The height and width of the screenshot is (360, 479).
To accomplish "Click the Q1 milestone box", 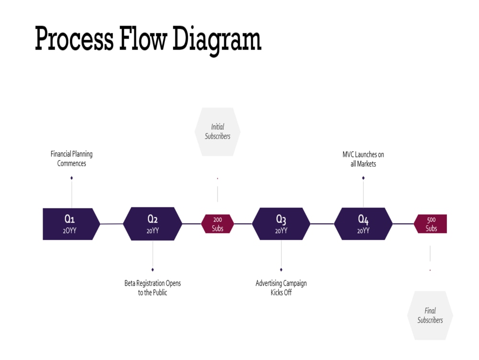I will pyautogui.click(x=71, y=224).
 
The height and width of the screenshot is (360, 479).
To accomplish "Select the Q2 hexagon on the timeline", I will pyautogui.click(x=152, y=224).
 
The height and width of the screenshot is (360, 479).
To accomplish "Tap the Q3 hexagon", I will pyautogui.click(x=281, y=224).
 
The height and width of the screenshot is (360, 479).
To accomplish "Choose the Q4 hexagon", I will pyautogui.click(x=363, y=224).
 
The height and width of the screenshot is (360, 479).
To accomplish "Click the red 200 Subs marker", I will pyautogui.click(x=217, y=224).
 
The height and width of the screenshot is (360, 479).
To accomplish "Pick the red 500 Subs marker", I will pyautogui.click(x=431, y=224).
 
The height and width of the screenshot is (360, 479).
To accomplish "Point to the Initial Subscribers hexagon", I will pyautogui.click(x=217, y=132).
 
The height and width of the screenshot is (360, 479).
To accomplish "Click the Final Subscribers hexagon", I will pyautogui.click(x=430, y=315).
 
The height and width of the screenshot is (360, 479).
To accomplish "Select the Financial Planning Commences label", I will pyautogui.click(x=71, y=158).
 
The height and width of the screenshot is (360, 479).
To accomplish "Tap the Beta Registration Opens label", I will pyautogui.click(x=152, y=288).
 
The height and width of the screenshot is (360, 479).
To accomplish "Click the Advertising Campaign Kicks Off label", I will pyautogui.click(x=281, y=288).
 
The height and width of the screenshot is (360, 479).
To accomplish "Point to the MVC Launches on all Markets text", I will pyautogui.click(x=363, y=159).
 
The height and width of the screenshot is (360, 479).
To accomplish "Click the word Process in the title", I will pyautogui.click(x=74, y=39).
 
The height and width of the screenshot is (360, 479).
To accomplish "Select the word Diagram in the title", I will pyautogui.click(x=217, y=39).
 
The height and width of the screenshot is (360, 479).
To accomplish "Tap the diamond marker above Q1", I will pyautogui.click(x=71, y=178).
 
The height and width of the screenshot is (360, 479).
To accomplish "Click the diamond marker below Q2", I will pyautogui.click(x=152, y=270).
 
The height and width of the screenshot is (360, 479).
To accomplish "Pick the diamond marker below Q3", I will pyautogui.click(x=281, y=270).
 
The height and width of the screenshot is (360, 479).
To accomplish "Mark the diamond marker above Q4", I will pyautogui.click(x=363, y=178).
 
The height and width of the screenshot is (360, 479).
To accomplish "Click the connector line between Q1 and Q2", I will pyautogui.click(x=112, y=224).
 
